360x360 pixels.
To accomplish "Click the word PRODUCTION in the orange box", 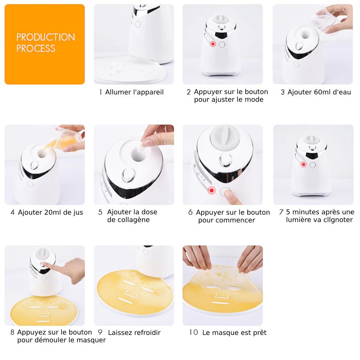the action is [45, 37].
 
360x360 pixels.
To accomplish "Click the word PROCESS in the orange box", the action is [36, 48].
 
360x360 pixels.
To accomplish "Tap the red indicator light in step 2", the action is [213, 44].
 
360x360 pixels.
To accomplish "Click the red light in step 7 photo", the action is [304, 165].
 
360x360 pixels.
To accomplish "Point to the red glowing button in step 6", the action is [211, 190].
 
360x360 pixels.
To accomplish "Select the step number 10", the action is [194, 332].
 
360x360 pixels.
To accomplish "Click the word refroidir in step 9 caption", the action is [147, 333].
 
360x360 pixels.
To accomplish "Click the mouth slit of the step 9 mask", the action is [125, 301].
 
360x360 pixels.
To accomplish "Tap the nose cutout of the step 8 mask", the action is [43, 315].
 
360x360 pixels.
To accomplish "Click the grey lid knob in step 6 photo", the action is [225, 137].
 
